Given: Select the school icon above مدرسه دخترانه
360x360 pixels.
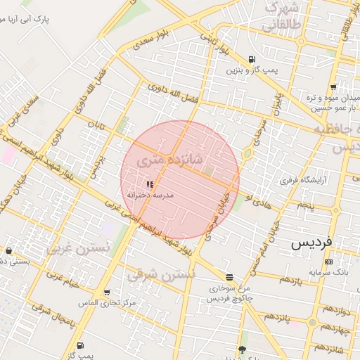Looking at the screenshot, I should [x=150, y=184].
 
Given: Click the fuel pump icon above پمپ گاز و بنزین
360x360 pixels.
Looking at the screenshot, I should [x=252, y=59].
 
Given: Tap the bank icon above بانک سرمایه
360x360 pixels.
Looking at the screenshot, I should [x=328, y=262].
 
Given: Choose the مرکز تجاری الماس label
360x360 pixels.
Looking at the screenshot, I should [x=107, y=302].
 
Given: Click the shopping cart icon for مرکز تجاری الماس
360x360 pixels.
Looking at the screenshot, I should [x=106, y=292].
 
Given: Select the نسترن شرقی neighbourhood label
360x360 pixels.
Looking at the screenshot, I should [x=160, y=274].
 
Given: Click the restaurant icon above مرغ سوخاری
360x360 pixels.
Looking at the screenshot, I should [x=230, y=277].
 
